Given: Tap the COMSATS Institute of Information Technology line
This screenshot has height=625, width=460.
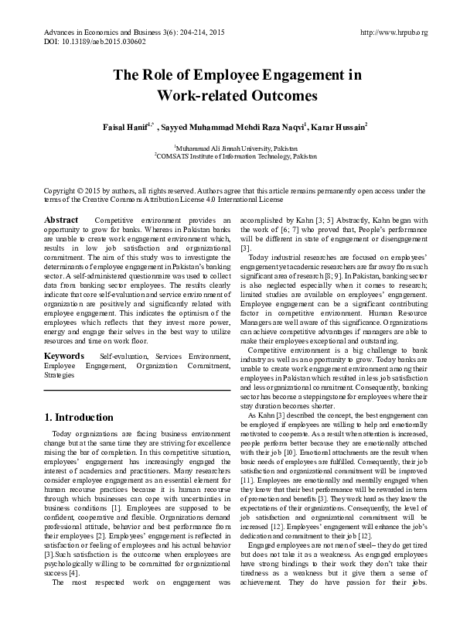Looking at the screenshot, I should [230, 155].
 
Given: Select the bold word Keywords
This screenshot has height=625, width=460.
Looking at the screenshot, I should [64, 355].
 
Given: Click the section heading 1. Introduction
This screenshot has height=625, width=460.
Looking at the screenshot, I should [79, 417].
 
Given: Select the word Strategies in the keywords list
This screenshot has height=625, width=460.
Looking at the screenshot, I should [60, 374].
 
